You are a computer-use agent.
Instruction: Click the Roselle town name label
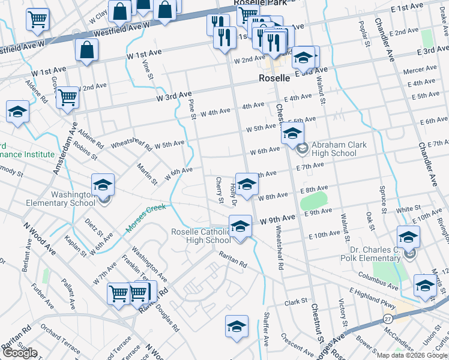(274, 78)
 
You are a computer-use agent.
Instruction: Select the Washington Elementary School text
(60, 199)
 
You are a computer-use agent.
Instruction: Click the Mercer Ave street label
(420, 71)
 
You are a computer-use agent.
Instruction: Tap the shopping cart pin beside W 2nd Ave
(68, 97)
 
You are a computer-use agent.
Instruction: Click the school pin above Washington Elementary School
(103, 184)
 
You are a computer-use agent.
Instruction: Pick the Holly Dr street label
(234, 194)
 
